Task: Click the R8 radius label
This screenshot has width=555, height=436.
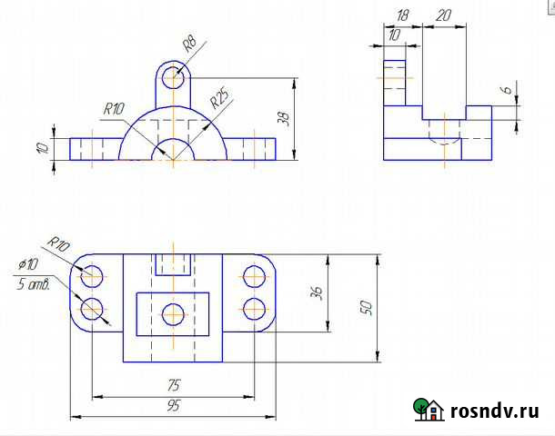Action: (x=189, y=45)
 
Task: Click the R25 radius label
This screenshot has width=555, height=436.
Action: (x=219, y=98)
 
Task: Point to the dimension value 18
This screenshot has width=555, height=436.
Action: (x=403, y=15)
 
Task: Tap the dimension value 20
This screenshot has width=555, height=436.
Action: (x=445, y=15)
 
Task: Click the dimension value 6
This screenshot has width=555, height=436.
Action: (x=505, y=91)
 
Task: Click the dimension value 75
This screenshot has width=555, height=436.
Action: (x=173, y=385)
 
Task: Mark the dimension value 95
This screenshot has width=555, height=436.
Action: (x=173, y=407)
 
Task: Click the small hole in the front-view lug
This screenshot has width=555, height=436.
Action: (x=173, y=77)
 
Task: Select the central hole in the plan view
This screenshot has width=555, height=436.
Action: (x=173, y=314)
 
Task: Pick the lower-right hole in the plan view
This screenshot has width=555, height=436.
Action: (x=254, y=308)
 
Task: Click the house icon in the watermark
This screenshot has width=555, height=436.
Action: (x=428, y=410)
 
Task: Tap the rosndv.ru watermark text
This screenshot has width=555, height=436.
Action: (x=495, y=411)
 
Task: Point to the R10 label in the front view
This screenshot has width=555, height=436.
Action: (x=114, y=109)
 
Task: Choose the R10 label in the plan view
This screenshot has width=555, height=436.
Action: (x=59, y=243)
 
